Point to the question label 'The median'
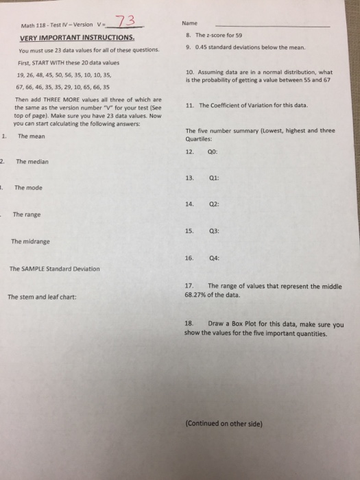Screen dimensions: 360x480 coord(30,162)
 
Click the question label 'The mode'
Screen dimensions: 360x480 coord(28,187)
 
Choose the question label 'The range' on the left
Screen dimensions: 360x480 coord(27,215)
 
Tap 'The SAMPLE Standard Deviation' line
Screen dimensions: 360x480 coord(55,269)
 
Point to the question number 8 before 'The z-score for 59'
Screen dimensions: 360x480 coord(188,35)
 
